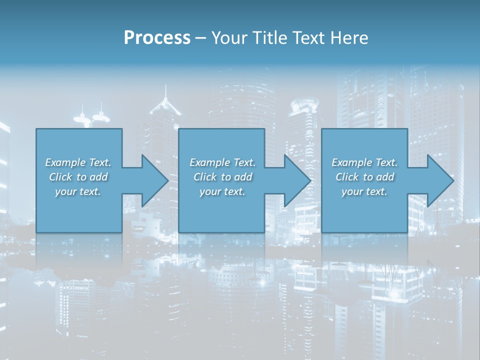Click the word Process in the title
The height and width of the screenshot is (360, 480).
157,38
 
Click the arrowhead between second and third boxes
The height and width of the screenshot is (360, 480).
297,180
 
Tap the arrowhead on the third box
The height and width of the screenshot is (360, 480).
440,180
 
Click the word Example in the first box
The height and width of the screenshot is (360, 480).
64,162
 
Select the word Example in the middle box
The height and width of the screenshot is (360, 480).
209,162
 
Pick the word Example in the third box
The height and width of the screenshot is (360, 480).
351,162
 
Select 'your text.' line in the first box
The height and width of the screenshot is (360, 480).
78,191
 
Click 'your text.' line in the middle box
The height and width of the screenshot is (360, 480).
222,191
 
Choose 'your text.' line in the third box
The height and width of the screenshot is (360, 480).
364,191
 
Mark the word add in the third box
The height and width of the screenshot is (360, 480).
385,177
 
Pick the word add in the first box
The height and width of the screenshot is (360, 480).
98,177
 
